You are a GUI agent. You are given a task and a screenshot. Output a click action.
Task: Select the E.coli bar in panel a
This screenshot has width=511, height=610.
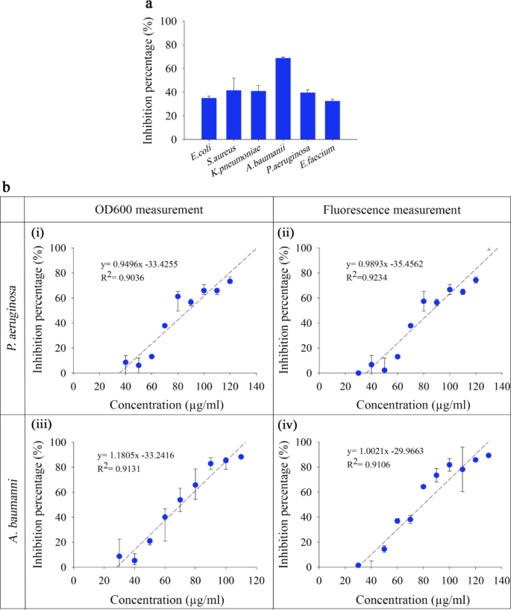pyautogui.click(x=209, y=119)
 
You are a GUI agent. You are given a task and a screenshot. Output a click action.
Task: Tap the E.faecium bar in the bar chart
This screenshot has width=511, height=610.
pyautogui.click(x=332, y=120)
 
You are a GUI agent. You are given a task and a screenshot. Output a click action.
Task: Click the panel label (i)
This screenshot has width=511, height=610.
pyautogui.click(x=39, y=234)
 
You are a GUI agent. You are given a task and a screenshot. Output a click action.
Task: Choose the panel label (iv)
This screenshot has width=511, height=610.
pyautogui.click(x=289, y=428)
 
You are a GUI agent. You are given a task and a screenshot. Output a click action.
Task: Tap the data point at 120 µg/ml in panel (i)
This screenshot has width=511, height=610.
pyautogui.click(x=230, y=281)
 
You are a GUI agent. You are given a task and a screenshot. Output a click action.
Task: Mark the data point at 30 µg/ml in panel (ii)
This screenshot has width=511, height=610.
pyautogui.click(x=358, y=373)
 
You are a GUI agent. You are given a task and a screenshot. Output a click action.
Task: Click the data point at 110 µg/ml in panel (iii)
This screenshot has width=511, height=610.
pyautogui.click(x=241, y=456)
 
